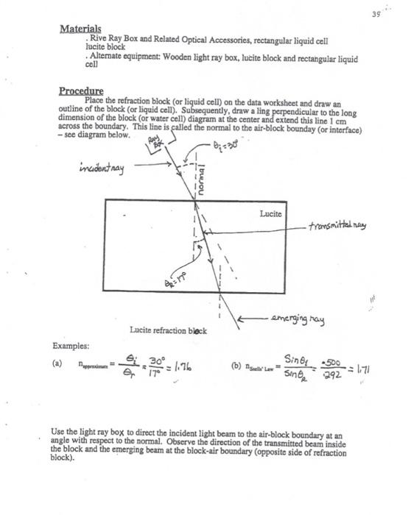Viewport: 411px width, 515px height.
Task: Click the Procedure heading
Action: click(x=82, y=91)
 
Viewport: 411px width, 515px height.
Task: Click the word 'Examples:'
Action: click(x=71, y=345)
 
